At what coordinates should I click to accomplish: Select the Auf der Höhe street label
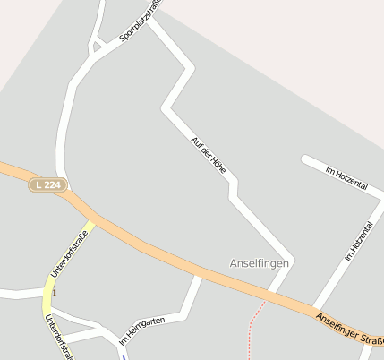pos(209,155)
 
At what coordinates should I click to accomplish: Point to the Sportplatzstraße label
pos(141,21)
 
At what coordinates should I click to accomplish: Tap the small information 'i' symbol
pos(55,291)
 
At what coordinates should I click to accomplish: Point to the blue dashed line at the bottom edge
pos(123,355)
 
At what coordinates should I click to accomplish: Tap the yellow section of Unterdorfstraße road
pos(50,287)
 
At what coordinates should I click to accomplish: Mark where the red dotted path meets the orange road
pos(267,300)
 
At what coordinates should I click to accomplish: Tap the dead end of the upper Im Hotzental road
pos(304,159)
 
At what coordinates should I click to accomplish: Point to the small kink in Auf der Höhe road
pos(233,189)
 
